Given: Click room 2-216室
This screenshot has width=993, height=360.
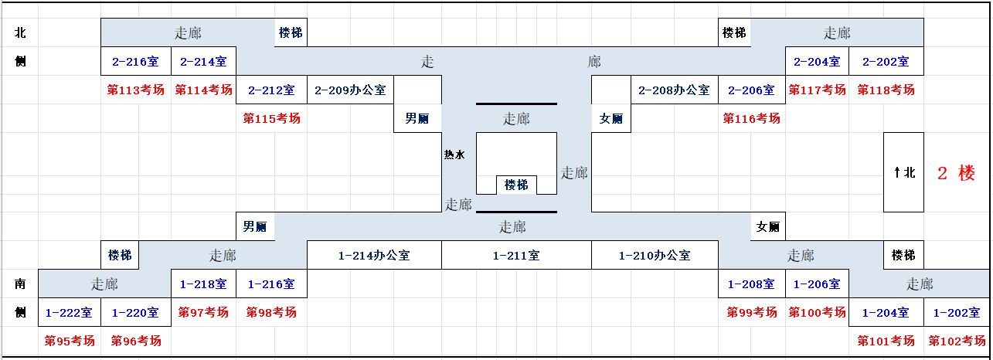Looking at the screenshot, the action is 136,61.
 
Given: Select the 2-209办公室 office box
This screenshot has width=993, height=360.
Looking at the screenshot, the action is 350,90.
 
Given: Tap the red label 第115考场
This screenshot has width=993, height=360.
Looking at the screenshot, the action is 272,118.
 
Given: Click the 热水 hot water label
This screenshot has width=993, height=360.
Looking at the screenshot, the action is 454,155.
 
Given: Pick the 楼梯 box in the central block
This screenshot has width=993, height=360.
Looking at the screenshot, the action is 516,185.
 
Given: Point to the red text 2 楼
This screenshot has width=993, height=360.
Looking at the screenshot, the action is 956,173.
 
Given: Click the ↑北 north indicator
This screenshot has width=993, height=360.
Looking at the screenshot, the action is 904,172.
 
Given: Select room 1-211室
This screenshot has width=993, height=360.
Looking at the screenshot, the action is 516,255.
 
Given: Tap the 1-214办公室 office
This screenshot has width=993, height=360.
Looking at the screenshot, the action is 374,255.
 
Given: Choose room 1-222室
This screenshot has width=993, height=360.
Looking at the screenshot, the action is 69,313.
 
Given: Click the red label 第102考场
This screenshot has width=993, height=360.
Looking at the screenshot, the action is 957,341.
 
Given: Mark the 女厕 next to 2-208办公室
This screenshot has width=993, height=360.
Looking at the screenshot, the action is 611,118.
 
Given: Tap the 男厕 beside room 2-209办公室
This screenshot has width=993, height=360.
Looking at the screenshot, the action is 417,118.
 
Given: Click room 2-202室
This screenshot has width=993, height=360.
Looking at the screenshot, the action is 886,61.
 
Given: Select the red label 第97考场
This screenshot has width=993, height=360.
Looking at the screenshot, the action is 203,312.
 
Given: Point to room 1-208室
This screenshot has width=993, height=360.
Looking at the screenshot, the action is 751,284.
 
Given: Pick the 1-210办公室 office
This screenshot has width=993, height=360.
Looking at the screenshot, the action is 655,255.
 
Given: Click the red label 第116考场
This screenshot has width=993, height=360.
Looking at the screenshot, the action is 751,118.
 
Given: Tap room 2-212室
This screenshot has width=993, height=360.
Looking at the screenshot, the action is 271,90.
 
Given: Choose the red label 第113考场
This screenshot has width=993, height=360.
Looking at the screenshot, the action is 136,90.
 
